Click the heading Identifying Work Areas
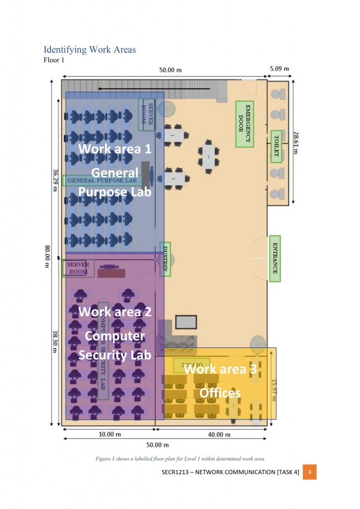click(x=90, y=50)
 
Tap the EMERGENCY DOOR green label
click(x=245, y=125)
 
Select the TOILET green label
click(x=276, y=146)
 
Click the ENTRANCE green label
click(x=274, y=258)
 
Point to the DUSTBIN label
click(x=165, y=258)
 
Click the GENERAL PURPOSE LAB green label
click(x=102, y=180)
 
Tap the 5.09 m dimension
click(x=279, y=69)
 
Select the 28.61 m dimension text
click(x=296, y=143)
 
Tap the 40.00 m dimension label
click(x=219, y=434)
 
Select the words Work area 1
click(x=114, y=149)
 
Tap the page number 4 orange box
click(x=310, y=472)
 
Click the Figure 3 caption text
click(x=180, y=459)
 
